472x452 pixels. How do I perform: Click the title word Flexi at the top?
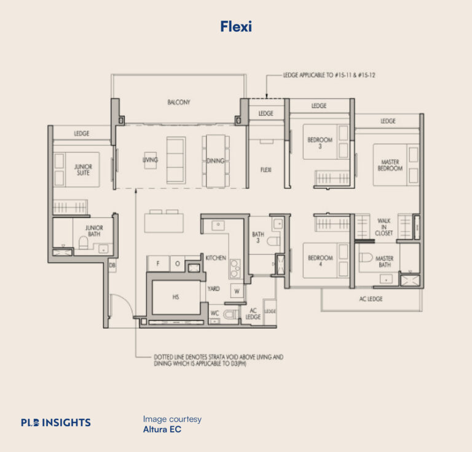coord(236,26)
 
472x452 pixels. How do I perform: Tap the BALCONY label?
coord(179,103)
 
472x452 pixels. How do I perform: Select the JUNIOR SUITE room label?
coord(82,169)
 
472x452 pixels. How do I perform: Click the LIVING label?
coord(150,160)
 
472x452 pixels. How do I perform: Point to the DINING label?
coord(216,160)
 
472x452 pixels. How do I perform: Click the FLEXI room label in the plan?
coord(266,169)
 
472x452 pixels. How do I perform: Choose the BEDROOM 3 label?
coord(320,143)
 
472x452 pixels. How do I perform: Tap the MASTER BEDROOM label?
coord(390,165)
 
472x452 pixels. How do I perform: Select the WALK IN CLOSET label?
coord(384,227)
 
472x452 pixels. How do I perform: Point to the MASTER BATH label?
coord(385,262)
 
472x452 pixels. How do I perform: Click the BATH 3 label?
coord(258,237)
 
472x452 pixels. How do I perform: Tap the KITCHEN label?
coord(216,258)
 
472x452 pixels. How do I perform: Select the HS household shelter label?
coord(176,297)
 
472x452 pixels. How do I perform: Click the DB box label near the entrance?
coord(112,266)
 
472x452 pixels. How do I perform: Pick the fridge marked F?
coord(157,263)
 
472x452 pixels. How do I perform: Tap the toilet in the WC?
coord(229,314)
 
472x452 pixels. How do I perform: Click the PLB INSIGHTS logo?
coord(56,422)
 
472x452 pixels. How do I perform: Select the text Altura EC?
coord(162,429)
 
